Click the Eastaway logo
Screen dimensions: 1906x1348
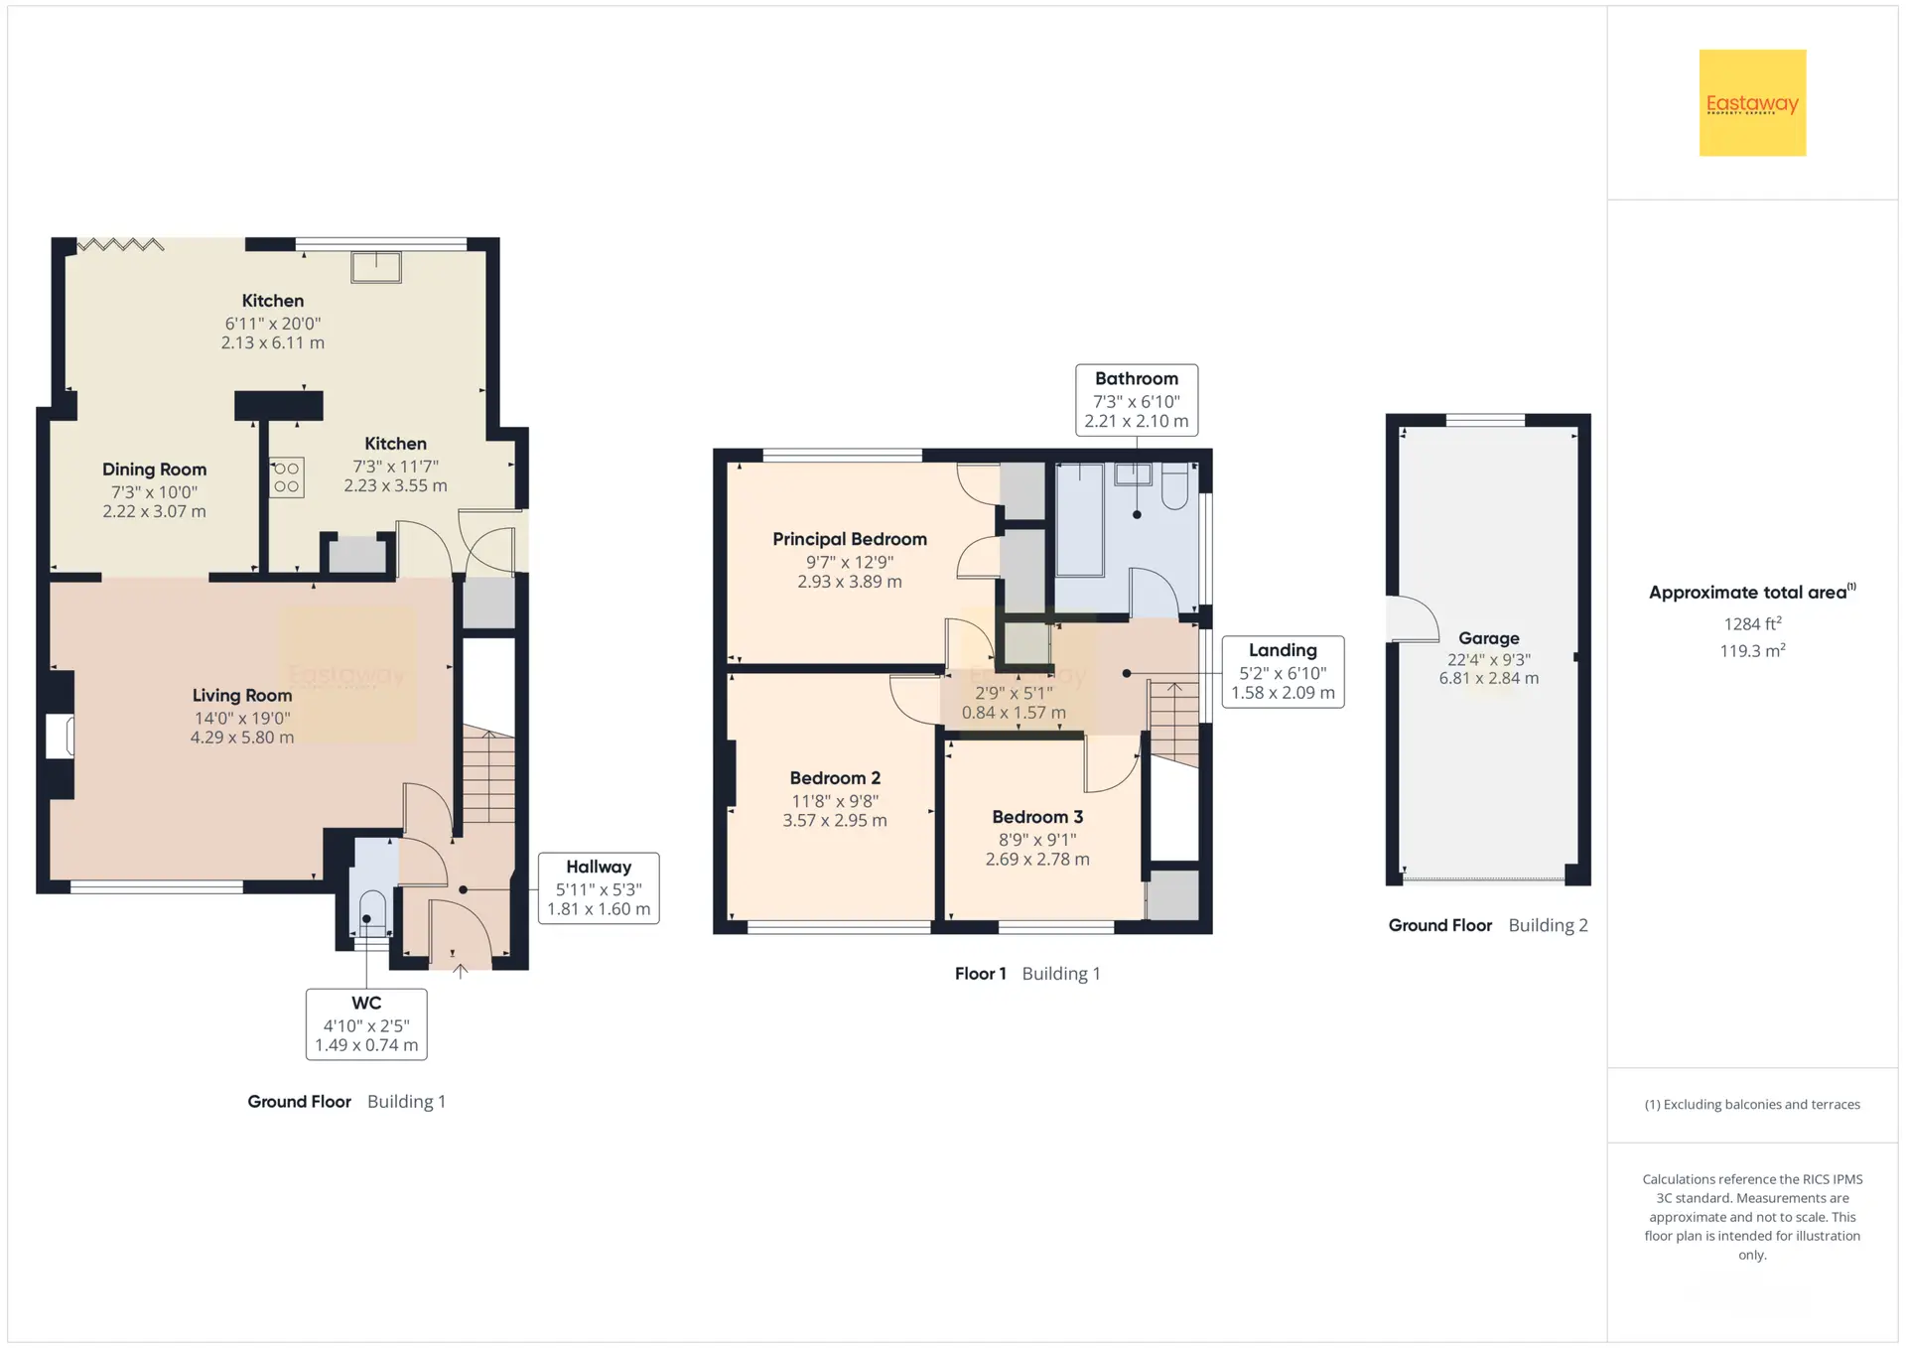click(x=1752, y=102)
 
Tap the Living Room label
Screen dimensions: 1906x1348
click(x=242, y=696)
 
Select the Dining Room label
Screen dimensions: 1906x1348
click(x=155, y=470)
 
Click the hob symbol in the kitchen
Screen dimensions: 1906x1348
click(x=286, y=477)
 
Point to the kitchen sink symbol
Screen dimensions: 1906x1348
click(x=376, y=267)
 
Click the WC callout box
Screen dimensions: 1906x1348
click(x=366, y=1024)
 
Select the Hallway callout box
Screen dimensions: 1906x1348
click(x=599, y=888)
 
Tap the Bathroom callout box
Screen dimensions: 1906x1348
click(x=1137, y=400)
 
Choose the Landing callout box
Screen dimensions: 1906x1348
click(x=1283, y=672)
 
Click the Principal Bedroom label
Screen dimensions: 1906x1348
click(x=850, y=539)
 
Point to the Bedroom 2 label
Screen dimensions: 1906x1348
click(x=835, y=778)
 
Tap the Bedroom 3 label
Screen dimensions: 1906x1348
click(x=1037, y=817)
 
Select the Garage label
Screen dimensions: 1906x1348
click(x=1489, y=638)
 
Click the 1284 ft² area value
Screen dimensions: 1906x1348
click(x=1752, y=623)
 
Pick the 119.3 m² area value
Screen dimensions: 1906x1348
click(x=1752, y=650)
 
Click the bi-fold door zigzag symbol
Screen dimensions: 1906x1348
click(x=120, y=244)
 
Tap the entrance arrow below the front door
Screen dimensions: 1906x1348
click(x=461, y=971)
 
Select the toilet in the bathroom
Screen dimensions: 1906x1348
click(x=1174, y=485)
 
